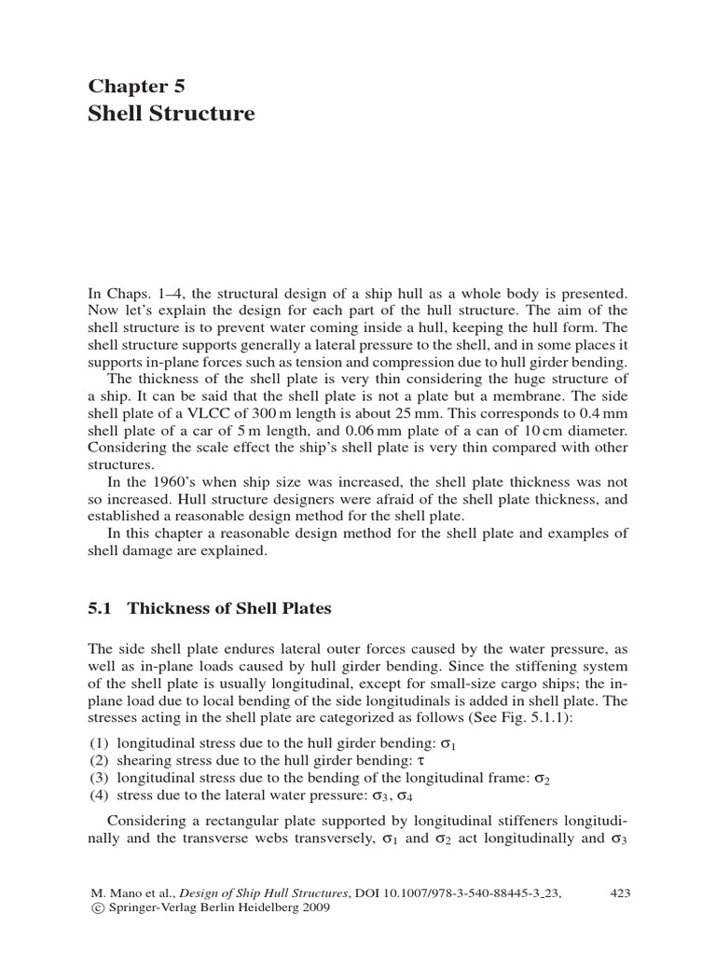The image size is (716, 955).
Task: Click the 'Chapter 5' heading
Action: coord(137,87)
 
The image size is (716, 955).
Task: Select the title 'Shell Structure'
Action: coord(171,114)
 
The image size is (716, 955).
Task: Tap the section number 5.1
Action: coord(100,609)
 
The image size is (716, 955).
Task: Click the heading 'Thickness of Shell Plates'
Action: coord(229,609)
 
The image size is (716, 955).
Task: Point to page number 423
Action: coord(620,893)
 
